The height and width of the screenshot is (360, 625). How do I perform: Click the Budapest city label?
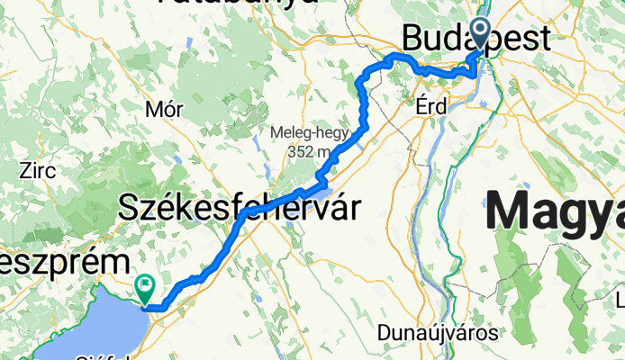[476, 40]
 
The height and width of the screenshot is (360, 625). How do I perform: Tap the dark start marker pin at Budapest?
[479, 32]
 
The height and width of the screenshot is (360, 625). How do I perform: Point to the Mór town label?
[164, 110]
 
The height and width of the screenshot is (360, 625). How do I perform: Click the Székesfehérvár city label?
[239, 210]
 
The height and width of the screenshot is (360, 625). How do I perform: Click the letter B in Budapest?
[412, 40]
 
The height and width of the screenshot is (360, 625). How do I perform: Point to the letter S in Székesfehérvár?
[129, 209]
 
